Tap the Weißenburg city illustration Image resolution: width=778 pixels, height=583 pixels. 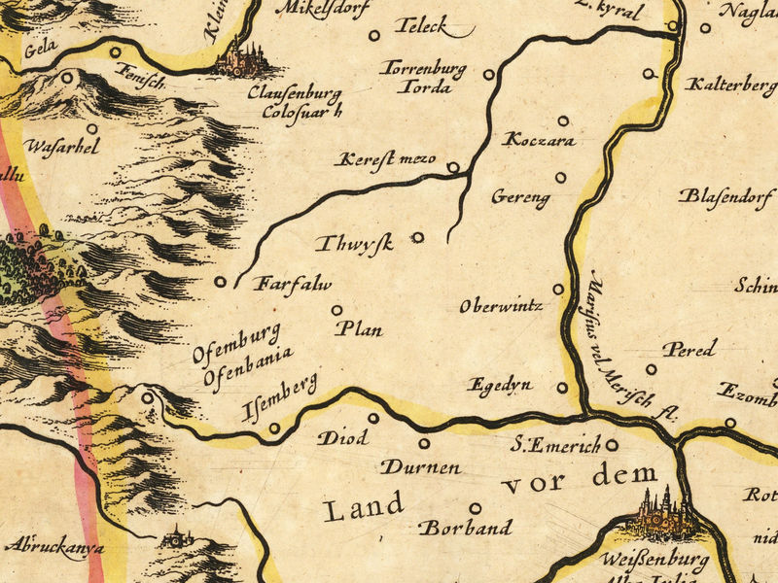pos(663,515)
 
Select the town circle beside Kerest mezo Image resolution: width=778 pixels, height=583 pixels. pos(452,167)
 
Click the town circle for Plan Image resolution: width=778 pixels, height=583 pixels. pos(337,311)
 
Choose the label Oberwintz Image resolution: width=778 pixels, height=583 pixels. pos(500,306)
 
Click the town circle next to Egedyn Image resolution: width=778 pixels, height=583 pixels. pos(561,388)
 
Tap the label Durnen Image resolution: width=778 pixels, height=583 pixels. pos(419,467)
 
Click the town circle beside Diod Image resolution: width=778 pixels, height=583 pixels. pos(373,418)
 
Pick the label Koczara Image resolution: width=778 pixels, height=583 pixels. pos(539,141)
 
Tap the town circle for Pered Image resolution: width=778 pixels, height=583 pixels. pos(651,369)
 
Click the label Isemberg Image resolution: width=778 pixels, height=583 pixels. pos(279,398)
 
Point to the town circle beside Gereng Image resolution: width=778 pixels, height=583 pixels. pos(560,177)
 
